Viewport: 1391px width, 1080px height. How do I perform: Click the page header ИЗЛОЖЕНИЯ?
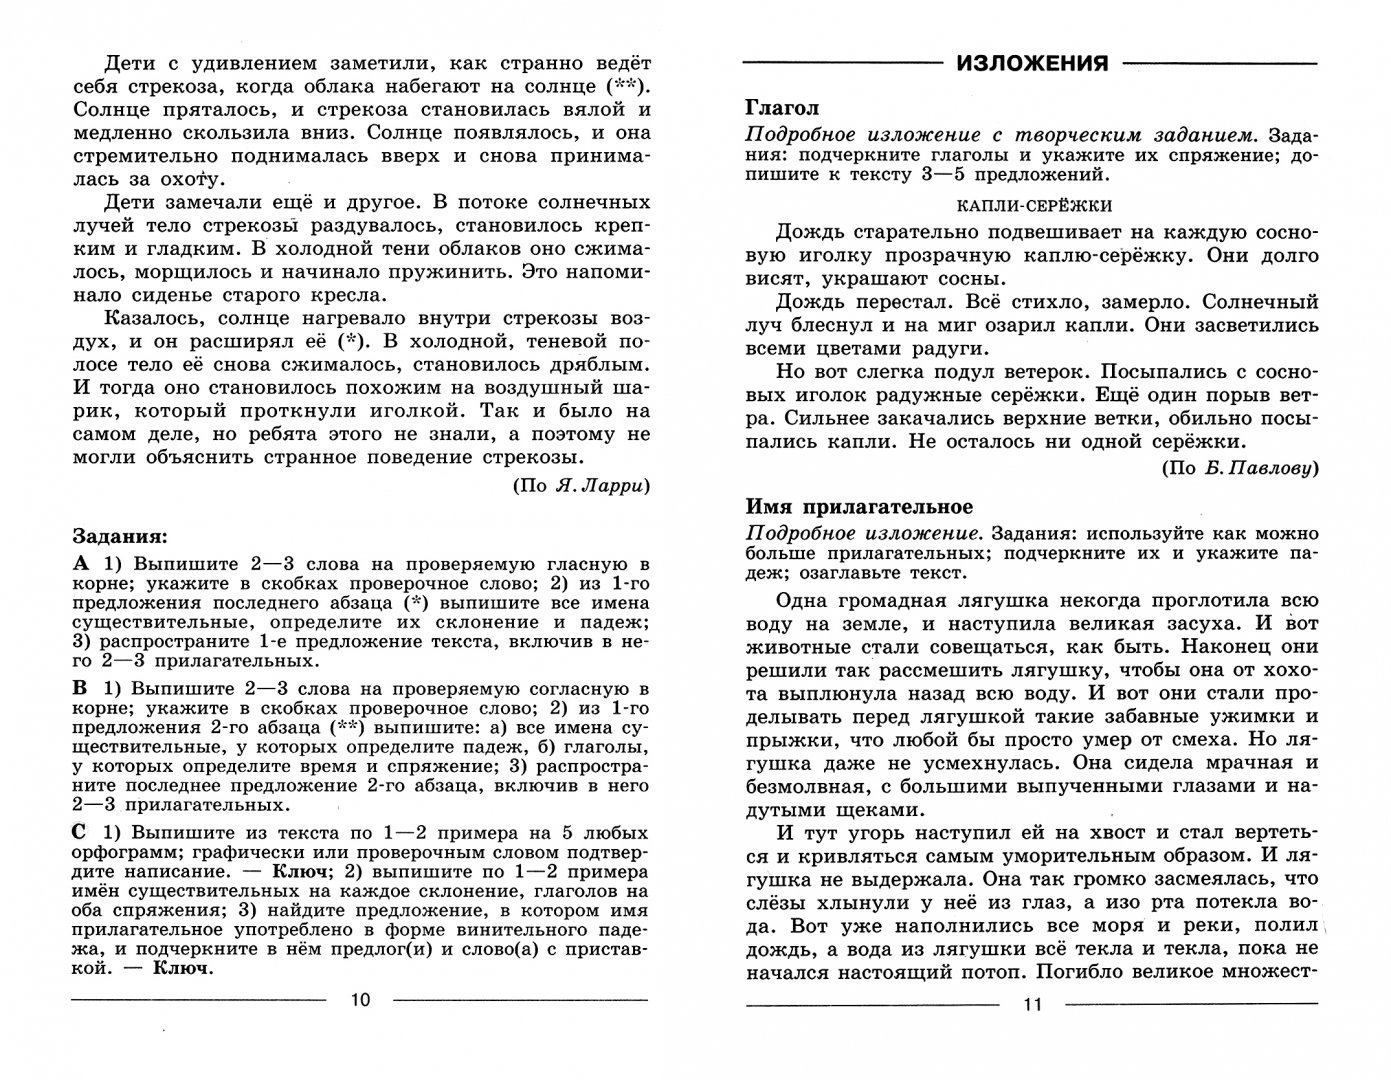pos(1032,63)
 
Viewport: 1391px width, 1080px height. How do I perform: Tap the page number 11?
pos(1033,1005)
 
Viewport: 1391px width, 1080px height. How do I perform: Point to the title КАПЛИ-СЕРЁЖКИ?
pos(1033,205)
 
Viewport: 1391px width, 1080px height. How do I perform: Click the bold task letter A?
pos(82,563)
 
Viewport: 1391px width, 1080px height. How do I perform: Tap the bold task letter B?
pos(82,689)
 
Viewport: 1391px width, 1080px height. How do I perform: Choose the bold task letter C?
pos(82,832)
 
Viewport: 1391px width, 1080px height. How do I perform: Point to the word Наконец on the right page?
pos(1247,647)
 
